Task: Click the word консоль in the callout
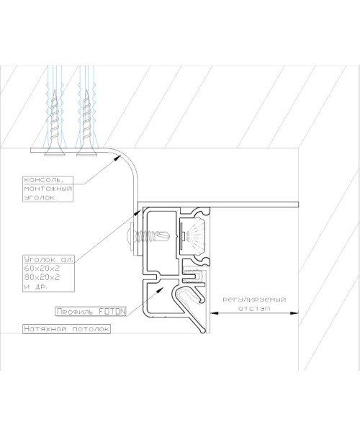pos(44,180)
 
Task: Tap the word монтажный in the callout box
pos(48,189)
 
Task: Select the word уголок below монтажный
pos(40,197)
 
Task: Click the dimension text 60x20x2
pos(42,268)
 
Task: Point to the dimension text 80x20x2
pos(42,277)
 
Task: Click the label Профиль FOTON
pos(91,312)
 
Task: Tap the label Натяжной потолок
pos(67,329)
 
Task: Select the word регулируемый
pos(254,300)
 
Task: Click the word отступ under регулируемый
pos(254,308)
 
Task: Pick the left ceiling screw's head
pos(55,153)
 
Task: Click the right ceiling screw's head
pos(87,153)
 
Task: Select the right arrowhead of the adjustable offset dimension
pos(294,313)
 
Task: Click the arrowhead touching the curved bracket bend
pos(117,158)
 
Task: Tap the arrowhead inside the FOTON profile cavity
pos(160,289)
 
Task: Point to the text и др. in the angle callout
pos(36,287)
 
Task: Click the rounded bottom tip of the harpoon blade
pos(203,330)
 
